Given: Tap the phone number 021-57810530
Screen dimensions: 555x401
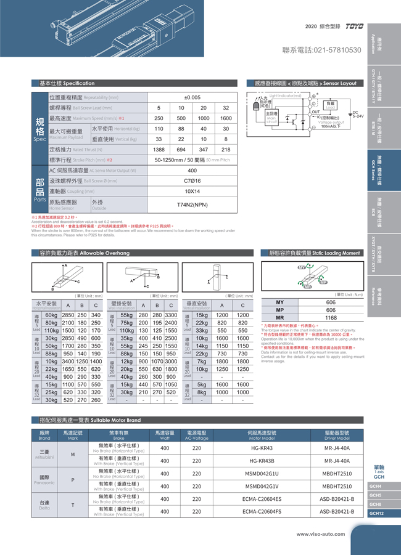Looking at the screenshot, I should (x=321, y=49).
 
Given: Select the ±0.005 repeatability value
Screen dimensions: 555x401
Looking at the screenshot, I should (x=192, y=98).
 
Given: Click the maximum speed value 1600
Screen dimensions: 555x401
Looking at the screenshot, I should (x=226, y=118).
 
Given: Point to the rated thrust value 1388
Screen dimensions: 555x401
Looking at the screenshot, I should (x=159, y=150).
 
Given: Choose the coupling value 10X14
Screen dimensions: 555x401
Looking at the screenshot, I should (x=192, y=191).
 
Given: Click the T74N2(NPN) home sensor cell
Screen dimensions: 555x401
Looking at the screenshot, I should (x=192, y=204).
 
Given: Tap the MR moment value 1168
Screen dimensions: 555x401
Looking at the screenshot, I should (x=331, y=318).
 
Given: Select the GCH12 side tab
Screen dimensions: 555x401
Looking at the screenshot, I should (x=377, y=513).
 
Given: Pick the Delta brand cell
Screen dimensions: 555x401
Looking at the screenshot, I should (x=44, y=505).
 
